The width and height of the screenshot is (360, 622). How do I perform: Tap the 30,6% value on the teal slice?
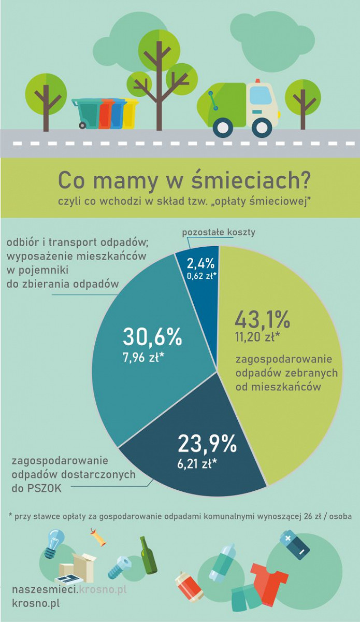[152, 336]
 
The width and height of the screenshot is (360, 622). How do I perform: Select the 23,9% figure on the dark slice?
[207, 444]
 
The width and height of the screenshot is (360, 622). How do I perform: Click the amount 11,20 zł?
[257, 338]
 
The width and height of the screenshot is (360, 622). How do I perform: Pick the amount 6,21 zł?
[197, 464]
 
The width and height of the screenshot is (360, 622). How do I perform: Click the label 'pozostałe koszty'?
[218, 232]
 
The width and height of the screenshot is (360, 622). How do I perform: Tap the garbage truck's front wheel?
[224, 128]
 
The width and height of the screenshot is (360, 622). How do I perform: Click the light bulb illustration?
[54, 543]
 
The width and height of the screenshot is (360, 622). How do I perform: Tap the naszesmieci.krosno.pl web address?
[69, 590]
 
